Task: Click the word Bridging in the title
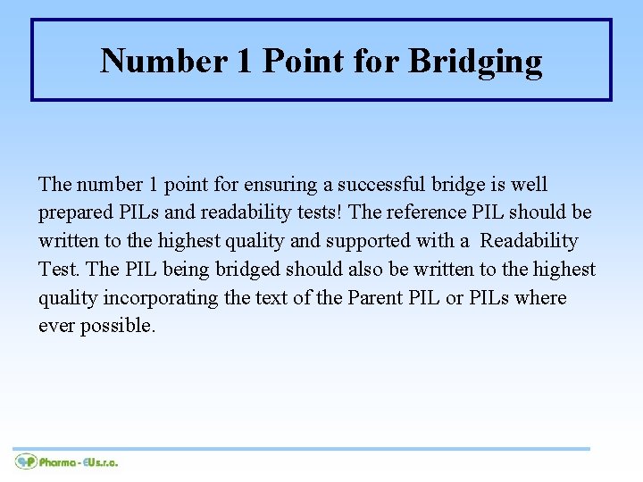[475, 62]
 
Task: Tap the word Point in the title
[303, 61]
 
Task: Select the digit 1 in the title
[244, 61]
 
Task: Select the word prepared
[74, 213]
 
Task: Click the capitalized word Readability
[530, 241]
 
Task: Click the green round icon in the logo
[25, 461]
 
